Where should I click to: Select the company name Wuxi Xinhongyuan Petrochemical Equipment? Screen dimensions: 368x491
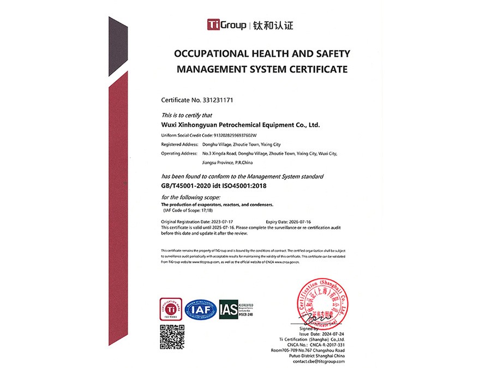click(240, 125)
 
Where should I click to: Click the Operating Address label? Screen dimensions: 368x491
click(178, 153)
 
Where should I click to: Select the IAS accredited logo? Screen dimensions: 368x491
click(236, 309)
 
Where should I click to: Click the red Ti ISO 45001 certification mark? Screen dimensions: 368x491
click(168, 309)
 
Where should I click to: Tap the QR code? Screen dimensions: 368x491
click(172, 336)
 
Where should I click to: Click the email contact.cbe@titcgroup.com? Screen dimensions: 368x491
click(319, 361)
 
